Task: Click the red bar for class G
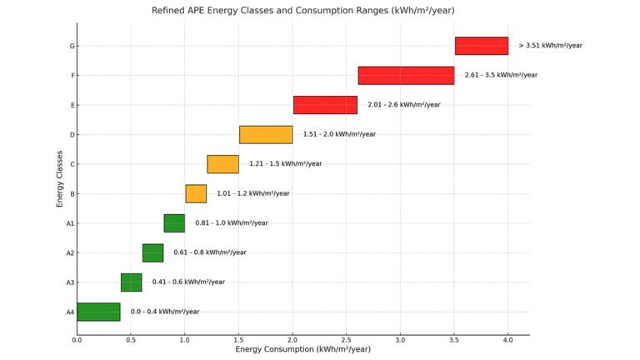(481, 46)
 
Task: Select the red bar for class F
(406, 75)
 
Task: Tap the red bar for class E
(325, 105)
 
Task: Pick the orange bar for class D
(266, 134)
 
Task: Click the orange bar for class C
(222, 164)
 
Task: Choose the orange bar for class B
(196, 193)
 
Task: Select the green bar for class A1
(174, 223)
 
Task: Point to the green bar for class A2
(152, 252)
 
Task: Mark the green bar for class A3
(131, 282)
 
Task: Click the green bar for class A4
(98, 312)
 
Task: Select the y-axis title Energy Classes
(60, 178)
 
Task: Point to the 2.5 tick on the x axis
(347, 340)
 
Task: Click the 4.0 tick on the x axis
(508, 340)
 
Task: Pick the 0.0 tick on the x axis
(77, 340)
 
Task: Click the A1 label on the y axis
(70, 223)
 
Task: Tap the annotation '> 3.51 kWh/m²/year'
(550, 46)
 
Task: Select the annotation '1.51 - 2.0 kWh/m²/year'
(339, 134)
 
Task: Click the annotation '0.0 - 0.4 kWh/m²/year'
(165, 312)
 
